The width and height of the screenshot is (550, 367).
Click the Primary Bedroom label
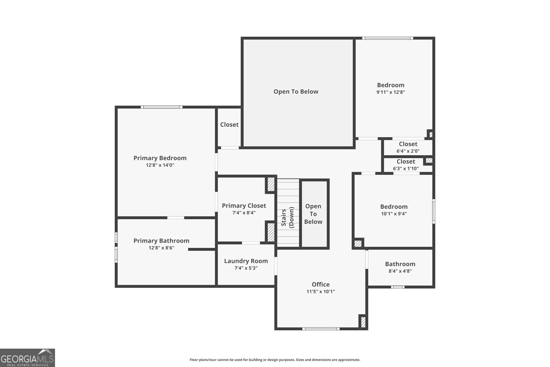pos(160,158)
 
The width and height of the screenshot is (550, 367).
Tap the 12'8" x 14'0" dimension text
pos(160,165)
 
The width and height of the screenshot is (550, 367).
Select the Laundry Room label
pos(246,261)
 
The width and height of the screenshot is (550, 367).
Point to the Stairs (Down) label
pos(288,217)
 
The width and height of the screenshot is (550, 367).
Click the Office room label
pos(320,284)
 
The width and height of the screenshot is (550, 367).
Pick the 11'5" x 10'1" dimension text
pos(320,291)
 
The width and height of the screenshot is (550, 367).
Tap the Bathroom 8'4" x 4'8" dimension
pos(400,271)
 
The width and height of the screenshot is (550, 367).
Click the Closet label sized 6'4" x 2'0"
pos(408,144)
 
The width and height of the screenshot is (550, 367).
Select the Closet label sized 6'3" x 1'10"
pos(406,161)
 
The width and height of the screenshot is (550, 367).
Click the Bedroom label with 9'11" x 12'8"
pos(390,85)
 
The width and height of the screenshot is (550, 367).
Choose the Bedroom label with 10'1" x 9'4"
pos(394,206)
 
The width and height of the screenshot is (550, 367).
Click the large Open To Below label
pos(296,91)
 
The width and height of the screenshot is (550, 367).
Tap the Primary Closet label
pos(244,205)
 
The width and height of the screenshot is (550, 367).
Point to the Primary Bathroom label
pos(161,240)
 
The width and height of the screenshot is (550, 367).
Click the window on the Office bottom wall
pos(321,329)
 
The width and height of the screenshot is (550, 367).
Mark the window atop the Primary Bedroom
pos(161,107)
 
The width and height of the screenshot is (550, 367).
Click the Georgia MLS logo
pos(27,358)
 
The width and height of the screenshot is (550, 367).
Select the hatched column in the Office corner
pos(363,322)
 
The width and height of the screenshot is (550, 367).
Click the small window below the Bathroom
pos(398,287)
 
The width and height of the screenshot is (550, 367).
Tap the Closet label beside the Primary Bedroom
pos(229,125)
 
